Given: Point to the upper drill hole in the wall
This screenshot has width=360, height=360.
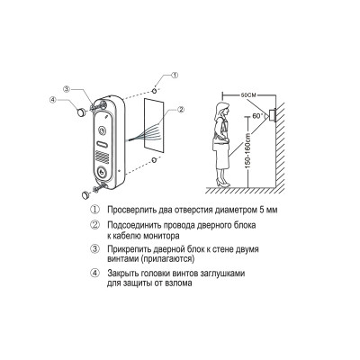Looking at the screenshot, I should click(x=154, y=90).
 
